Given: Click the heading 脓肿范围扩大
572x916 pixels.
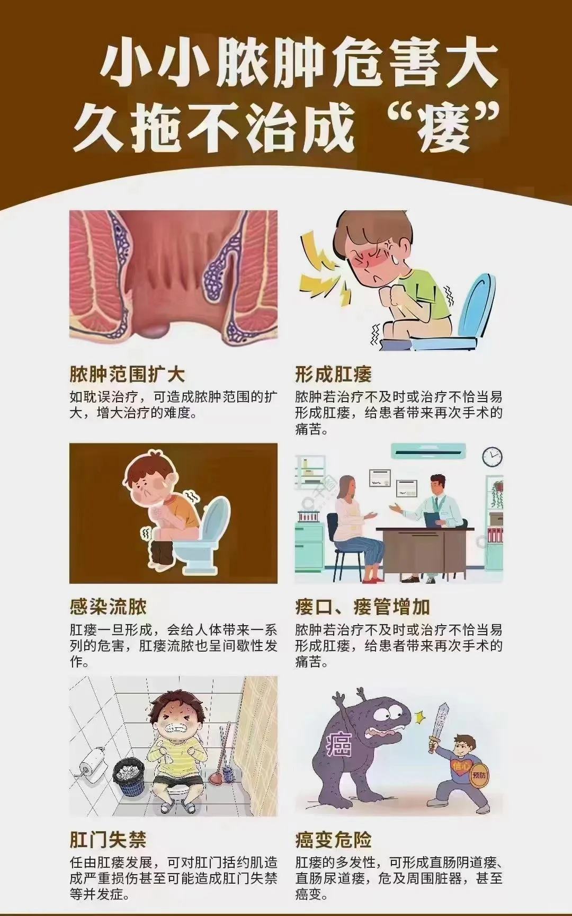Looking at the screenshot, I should pyautogui.click(x=127, y=375).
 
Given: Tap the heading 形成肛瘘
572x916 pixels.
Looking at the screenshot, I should pyautogui.click(x=334, y=375).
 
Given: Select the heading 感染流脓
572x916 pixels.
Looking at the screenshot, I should pyautogui.click(x=108, y=607).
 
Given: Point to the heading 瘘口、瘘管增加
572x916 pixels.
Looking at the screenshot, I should pyautogui.click(x=363, y=607).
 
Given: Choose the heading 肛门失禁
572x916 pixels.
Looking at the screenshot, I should pyautogui.click(x=108, y=840).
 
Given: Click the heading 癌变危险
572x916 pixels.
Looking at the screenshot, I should pyautogui.click(x=334, y=840).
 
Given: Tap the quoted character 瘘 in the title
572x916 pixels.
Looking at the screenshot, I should pyautogui.click(x=443, y=127).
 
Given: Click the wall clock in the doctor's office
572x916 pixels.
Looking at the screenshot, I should pyautogui.click(x=492, y=456).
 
